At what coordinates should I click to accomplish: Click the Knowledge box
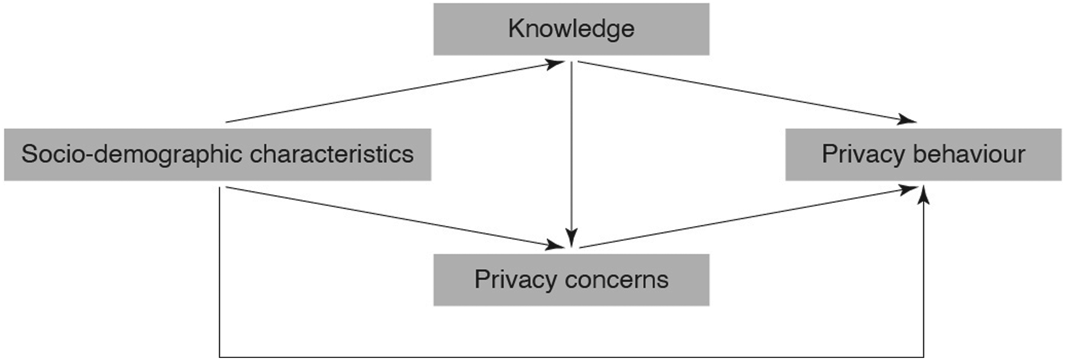571,29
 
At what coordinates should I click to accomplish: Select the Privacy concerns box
571,280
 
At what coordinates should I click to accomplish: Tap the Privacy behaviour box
923,155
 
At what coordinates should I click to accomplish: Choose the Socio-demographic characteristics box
218,155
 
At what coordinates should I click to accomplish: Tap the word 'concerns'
616,280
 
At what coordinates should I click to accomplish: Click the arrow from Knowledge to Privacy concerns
571,155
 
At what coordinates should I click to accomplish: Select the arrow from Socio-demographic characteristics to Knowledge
395,92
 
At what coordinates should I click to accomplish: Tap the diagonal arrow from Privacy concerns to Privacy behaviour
748,217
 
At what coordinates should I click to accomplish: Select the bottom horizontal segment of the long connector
571,357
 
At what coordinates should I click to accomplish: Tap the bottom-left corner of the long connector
220,357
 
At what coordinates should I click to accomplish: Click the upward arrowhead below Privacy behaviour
923,195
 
